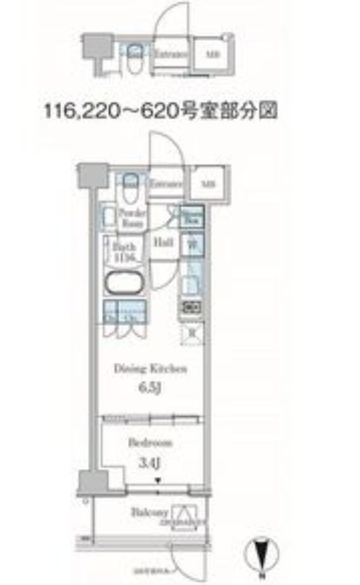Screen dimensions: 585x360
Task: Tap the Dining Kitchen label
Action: [x=150, y=369]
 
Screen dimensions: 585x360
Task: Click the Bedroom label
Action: [x=150, y=442]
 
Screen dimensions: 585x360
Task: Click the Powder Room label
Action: [x=131, y=217]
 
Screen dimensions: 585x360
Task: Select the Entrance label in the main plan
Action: [x=167, y=182]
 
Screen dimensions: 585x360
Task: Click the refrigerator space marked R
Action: [x=191, y=332]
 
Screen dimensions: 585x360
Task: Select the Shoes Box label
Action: [x=192, y=216]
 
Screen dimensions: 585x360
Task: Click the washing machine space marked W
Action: [x=190, y=242]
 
